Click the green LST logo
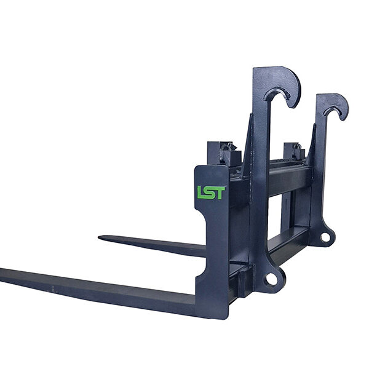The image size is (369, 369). click(x=211, y=192)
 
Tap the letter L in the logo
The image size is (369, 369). click(x=200, y=192)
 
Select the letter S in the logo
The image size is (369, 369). click(x=210, y=192)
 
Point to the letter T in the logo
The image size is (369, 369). click(x=220, y=192)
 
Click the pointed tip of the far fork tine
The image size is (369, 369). click(x=99, y=237)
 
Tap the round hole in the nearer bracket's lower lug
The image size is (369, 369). click(x=272, y=279)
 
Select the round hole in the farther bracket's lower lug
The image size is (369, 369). click(x=325, y=237)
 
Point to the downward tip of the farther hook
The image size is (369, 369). click(x=343, y=119)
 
